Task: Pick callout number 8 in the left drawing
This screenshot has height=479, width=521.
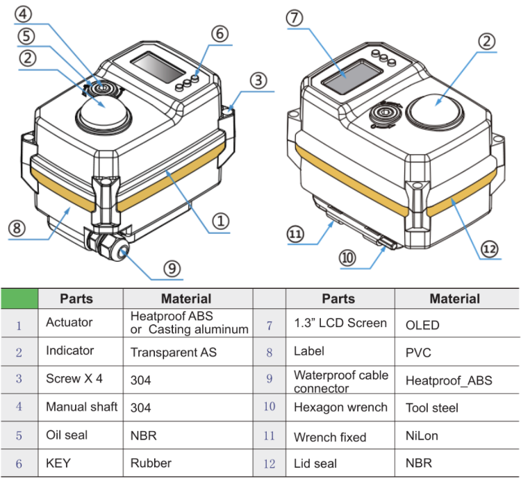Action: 17,228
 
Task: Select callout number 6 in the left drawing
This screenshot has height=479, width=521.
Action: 220,33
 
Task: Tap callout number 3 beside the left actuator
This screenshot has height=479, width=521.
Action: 258,81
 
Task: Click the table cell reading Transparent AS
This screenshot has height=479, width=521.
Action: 174,352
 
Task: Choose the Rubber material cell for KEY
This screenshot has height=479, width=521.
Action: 151,462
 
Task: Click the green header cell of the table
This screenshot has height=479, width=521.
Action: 19,299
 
